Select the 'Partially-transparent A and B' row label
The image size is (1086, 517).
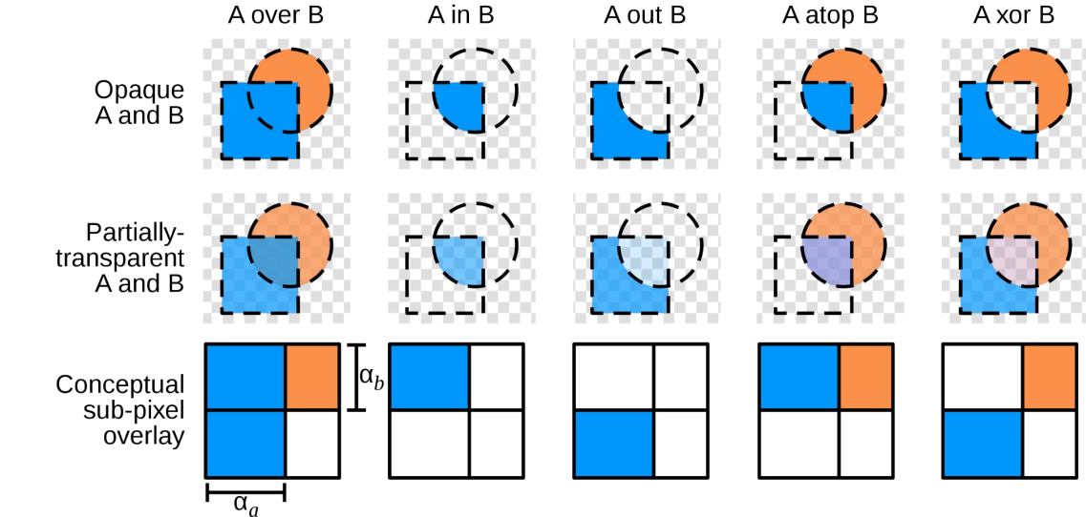coord(137,258)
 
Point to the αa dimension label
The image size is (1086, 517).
coord(245,504)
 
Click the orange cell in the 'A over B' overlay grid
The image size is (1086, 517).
coord(312,377)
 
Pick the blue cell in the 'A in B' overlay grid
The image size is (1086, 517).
coord(429,377)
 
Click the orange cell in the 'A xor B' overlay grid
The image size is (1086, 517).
coord(1050,377)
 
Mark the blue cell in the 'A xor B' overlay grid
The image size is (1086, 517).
coord(983,443)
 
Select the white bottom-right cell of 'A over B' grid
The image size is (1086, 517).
coord(312,443)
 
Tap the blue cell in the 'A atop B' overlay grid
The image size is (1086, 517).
coord(799,377)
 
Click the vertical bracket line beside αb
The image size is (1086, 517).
coord(355,378)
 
